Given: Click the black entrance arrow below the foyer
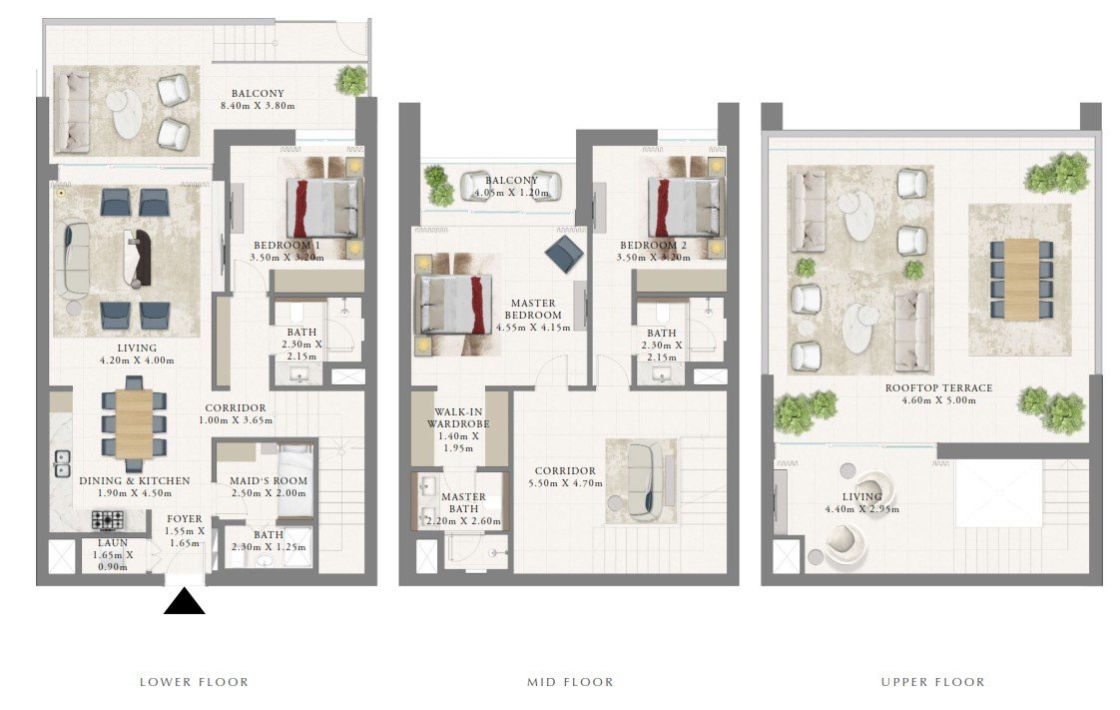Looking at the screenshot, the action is (x=185, y=601).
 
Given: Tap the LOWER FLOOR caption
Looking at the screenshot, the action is (x=195, y=682).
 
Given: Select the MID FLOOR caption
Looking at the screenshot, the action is (x=570, y=682).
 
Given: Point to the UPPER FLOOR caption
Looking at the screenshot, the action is (x=933, y=682).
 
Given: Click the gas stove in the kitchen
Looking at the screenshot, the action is (x=107, y=520).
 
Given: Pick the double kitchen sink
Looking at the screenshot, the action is (x=62, y=463).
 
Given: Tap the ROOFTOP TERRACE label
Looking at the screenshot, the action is (x=938, y=387).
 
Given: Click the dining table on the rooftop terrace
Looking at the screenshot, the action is (x=1021, y=280).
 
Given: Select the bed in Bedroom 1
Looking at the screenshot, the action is (x=323, y=208).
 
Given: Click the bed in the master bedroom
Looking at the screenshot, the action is (x=456, y=305).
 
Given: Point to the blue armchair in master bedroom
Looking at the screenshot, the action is (x=564, y=255).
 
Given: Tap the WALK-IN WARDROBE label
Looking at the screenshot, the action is (x=458, y=417).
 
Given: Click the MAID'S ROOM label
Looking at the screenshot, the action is (x=269, y=480).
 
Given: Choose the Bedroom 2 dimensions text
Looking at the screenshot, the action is (x=654, y=258).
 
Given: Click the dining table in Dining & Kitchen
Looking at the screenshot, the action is (x=134, y=423).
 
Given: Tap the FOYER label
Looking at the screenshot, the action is (x=185, y=518).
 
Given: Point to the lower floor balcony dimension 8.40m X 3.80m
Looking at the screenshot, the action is (x=258, y=106).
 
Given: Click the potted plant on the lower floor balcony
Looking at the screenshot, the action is (x=351, y=80).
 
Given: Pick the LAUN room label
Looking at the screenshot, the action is (x=113, y=543).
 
